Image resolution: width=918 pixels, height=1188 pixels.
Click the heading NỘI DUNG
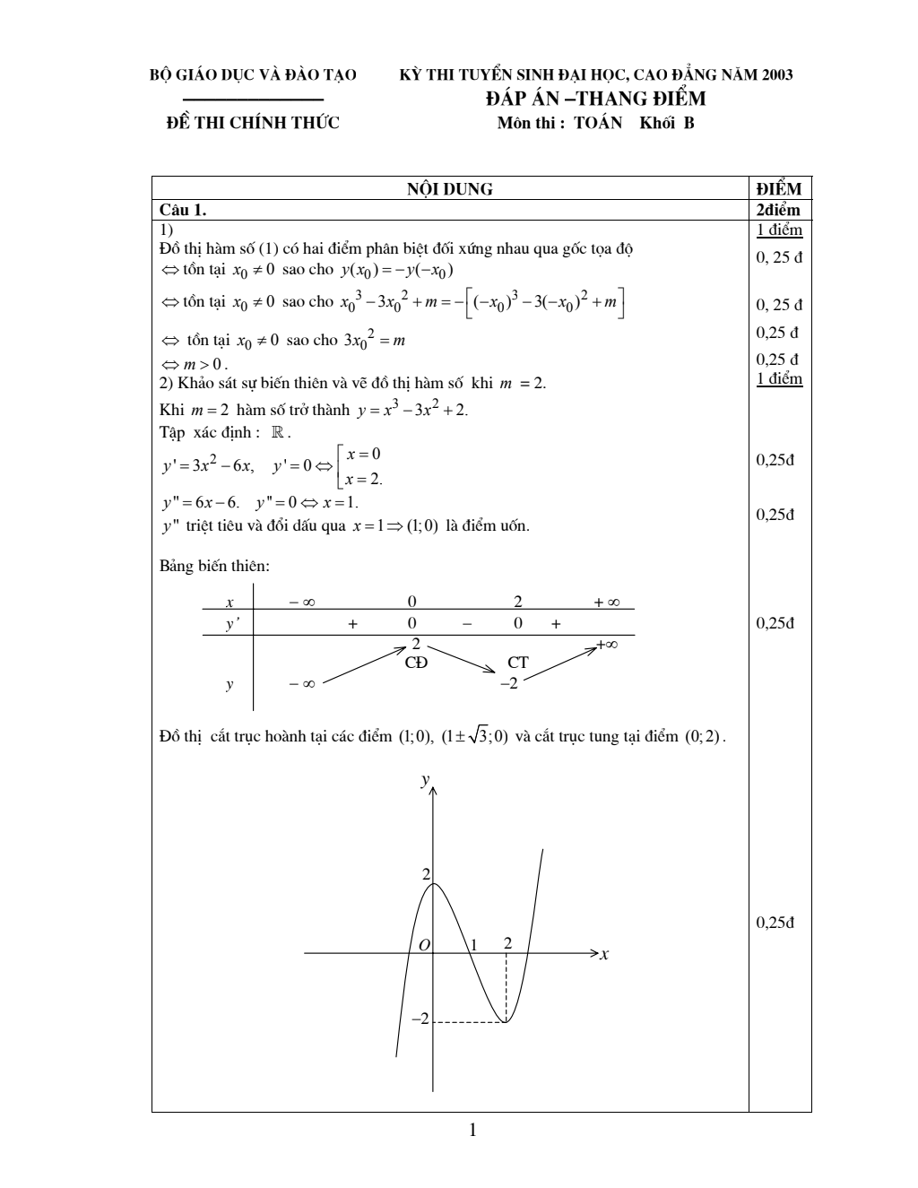(x=450, y=189)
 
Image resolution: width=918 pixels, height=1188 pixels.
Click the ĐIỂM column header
(x=778, y=189)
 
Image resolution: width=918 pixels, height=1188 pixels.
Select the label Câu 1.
(x=183, y=210)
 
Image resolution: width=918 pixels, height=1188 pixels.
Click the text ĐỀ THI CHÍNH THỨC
(x=254, y=124)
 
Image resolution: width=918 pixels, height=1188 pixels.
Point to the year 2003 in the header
(x=776, y=74)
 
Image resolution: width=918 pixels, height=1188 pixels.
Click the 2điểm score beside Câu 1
(x=778, y=210)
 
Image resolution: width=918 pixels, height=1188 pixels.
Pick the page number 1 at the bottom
(x=472, y=1130)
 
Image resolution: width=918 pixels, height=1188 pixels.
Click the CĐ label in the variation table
(x=417, y=663)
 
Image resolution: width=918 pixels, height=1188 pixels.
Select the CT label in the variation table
(x=517, y=663)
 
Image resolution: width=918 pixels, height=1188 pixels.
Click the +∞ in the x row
(x=607, y=603)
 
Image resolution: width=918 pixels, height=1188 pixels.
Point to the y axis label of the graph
(x=425, y=782)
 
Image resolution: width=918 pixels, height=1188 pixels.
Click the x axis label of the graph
(x=604, y=955)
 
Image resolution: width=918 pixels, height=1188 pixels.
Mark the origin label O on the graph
(x=424, y=945)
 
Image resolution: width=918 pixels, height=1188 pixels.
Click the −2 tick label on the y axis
(x=420, y=1019)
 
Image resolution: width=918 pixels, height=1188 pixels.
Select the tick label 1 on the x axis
(x=475, y=944)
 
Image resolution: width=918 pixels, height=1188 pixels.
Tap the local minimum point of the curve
(x=507, y=1021)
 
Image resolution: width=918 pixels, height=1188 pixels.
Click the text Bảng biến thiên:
(x=214, y=566)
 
